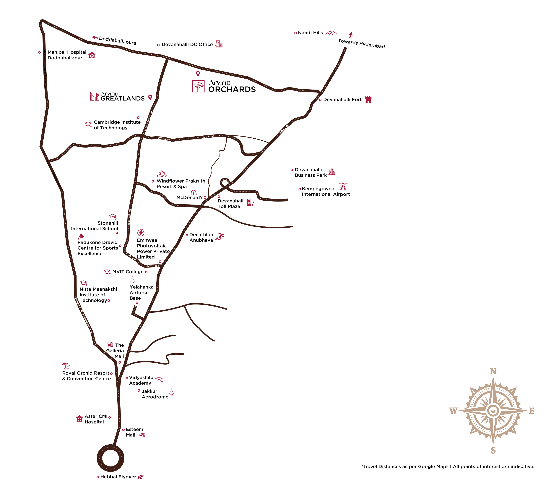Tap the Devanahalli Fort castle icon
pyautogui.click(x=368, y=100)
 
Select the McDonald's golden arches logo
pyautogui.click(x=194, y=193)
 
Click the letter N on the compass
pyautogui.click(x=493, y=371)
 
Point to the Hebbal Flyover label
pyautogui.click(x=118, y=477)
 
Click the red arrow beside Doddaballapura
pyautogui.click(x=95, y=38)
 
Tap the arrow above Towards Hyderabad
pyautogui.click(x=351, y=35)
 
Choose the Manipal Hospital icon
pyautogui.click(x=92, y=55)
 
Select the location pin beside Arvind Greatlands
pyautogui.click(x=150, y=97)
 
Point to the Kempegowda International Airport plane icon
pyautogui.click(x=343, y=185)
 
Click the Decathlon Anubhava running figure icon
pyautogui.click(x=220, y=236)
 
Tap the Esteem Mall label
pyautogui.click(x=134, y=432)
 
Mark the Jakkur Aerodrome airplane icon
pyautogui.click(x=171, y=392)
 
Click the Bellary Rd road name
pyautogui.click(x=284, y=129)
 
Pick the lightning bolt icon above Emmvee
pyautogui.click(x=141, y=233)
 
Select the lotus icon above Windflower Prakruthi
pyautogui.click(x=162, y=174)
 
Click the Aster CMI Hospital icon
pyautogui.click(x=79, y=419)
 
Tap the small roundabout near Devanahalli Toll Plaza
pyautogui.click(x=225, y=183)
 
